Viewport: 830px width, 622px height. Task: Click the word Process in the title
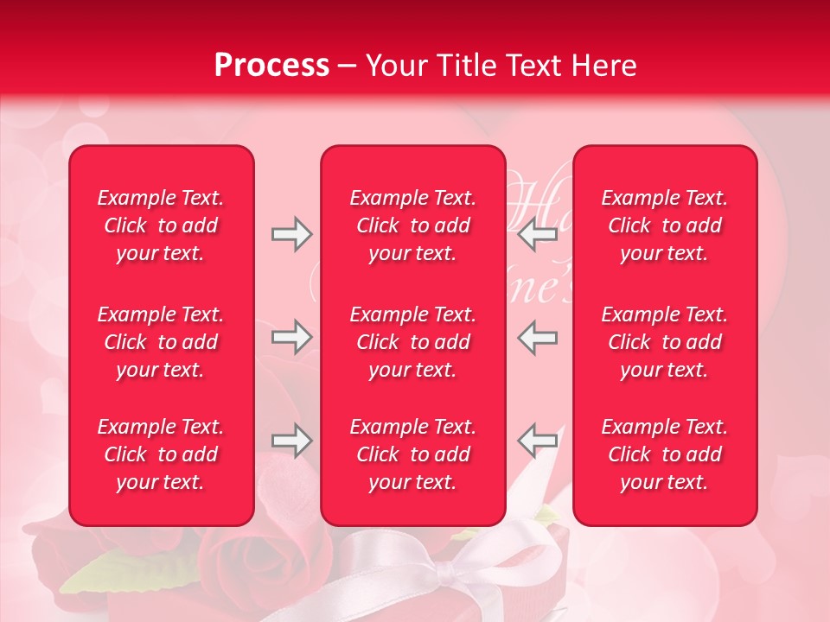pos(271,66)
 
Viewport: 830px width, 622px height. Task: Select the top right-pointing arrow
pos(291,234)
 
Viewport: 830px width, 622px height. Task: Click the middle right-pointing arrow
pos(291,337)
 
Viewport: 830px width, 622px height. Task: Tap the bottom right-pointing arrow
pos(291,441)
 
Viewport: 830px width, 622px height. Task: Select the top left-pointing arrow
pos(537,234)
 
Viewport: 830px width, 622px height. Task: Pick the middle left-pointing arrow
pos(537,337)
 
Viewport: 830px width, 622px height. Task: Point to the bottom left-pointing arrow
pos(537,441)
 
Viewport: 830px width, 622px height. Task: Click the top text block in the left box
pos(161,225)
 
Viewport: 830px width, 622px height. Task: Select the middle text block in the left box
pos(161,342)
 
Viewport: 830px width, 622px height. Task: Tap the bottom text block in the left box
pos(161,454)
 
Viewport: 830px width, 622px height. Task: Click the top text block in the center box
pos(412,225)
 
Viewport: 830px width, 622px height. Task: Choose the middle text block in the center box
pos(412,342)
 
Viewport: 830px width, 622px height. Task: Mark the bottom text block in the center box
pos(412,454)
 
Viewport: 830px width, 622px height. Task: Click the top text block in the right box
pos(665,225)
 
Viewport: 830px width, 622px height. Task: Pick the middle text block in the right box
pos(665,342)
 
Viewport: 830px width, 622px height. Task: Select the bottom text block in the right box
pos(665,454)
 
